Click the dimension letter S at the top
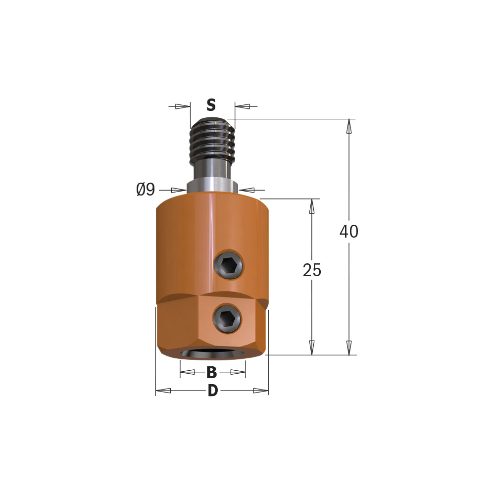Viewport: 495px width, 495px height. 211,105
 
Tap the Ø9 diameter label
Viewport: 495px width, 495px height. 146,190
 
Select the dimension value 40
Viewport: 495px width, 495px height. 349,231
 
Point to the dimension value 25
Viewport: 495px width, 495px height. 312,270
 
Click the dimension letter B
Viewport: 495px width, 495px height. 211,373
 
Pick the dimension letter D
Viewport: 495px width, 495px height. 213,391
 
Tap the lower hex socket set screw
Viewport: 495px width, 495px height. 227,318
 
